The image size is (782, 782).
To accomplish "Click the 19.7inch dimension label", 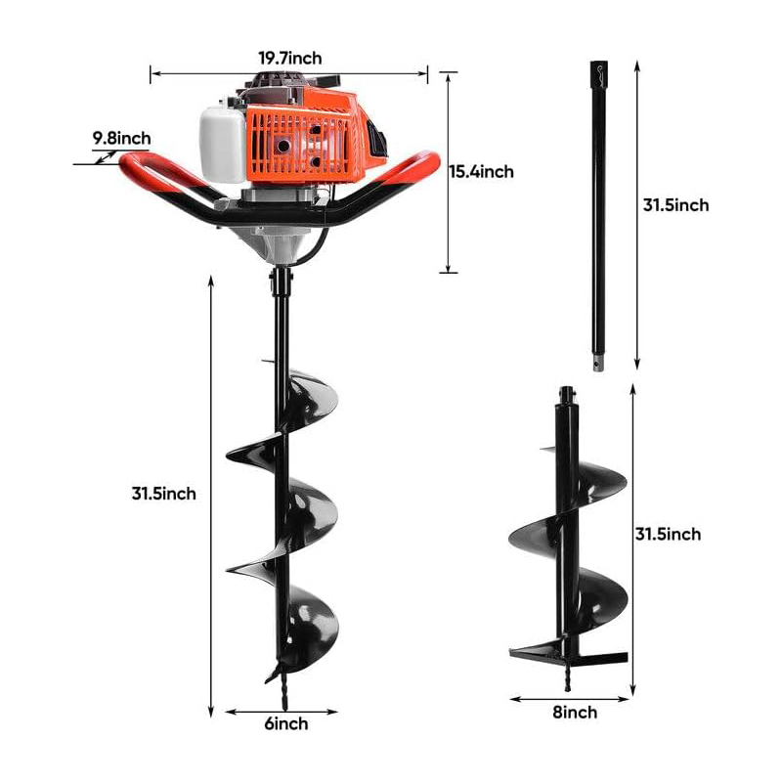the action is click(290, 59).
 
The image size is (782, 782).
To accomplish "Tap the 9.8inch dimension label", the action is click(121, 138).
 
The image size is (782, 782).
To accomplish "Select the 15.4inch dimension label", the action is click(482, 172).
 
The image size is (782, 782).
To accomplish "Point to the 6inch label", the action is click(286, 723).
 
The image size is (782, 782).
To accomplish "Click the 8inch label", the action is click(575, 713).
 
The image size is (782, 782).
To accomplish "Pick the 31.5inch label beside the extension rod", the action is click(675, 205).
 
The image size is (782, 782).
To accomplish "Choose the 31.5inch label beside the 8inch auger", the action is click(668, 534).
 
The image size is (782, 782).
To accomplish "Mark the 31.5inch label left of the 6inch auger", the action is click(164, 494).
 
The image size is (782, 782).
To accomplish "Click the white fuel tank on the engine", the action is click(223, 144).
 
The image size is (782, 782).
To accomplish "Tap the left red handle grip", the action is click(150, 172).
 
